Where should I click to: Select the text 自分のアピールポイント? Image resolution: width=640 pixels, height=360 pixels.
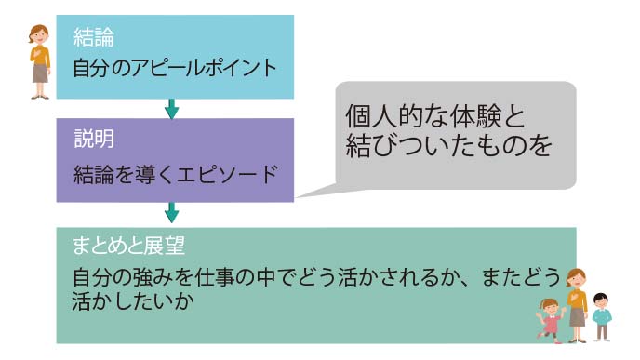176,67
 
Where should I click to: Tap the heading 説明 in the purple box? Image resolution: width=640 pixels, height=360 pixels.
94,140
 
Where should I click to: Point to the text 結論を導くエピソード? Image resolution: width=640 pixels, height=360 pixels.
176,173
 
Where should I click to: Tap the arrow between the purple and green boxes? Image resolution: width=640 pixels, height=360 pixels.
171,210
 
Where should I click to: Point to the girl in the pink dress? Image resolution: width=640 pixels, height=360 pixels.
549,318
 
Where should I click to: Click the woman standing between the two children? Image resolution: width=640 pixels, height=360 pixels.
577,302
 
